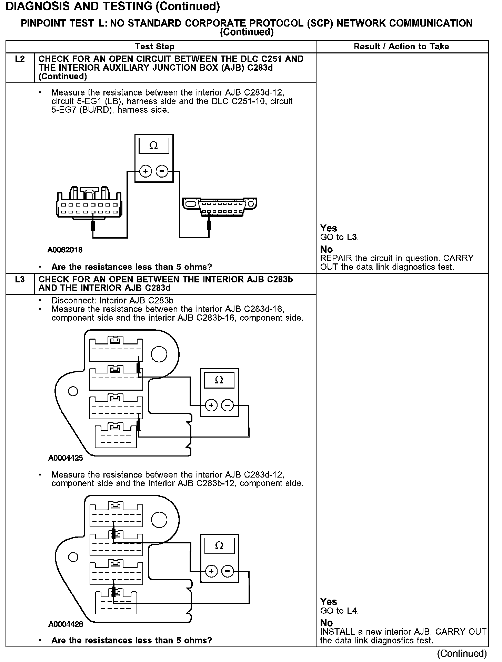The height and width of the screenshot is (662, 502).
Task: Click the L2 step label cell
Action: (x=20, y=59)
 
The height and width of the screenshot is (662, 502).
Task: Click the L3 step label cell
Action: (x=20, y=280)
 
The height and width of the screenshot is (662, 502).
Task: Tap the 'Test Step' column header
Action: (x=155, y=47)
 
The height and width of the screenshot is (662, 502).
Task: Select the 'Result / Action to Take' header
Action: (x=401, y=47)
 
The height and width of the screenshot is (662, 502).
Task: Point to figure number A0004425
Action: (x=66, y=458)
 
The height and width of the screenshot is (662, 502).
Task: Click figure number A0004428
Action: (x=66, y=624)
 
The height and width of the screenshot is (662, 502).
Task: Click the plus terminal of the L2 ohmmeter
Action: (x=145, y=171)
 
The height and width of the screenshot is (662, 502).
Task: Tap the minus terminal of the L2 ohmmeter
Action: (x=162, y=171)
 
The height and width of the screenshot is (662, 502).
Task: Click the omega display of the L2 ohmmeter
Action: (x=154, y=146)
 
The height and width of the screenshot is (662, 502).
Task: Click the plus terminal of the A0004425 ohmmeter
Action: (x=211, y=405)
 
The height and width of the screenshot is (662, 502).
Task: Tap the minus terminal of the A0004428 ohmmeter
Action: (x=227, y=571)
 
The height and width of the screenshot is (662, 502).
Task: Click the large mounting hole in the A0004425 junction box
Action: (x=159, y=354)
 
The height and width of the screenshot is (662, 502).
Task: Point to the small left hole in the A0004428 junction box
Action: (x=73, y=557)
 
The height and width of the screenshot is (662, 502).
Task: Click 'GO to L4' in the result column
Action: (x=339, y=611)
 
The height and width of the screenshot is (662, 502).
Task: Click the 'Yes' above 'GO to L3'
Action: (x=328, y=228)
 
